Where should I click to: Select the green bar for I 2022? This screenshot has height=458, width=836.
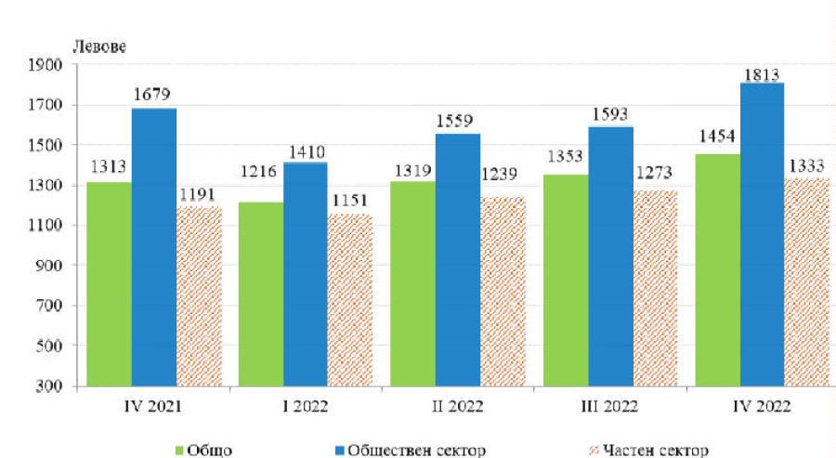click(x=260, y=294)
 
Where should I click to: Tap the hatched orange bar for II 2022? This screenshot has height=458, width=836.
click(x=503, y=292)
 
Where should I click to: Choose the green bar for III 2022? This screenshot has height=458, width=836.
click(x=565, y=280)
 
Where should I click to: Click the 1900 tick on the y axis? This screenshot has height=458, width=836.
click(x=49, y=65)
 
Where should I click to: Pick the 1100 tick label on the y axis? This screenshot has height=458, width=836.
click(x=49, y=226)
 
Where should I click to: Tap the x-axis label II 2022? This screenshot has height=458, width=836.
click(x=456, y=405)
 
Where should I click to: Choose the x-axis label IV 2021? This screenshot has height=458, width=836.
click(x=153, y=405)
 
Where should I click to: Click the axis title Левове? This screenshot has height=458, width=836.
click(x=98, y=45)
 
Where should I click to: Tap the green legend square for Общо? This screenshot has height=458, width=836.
click(x=178, y=451)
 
